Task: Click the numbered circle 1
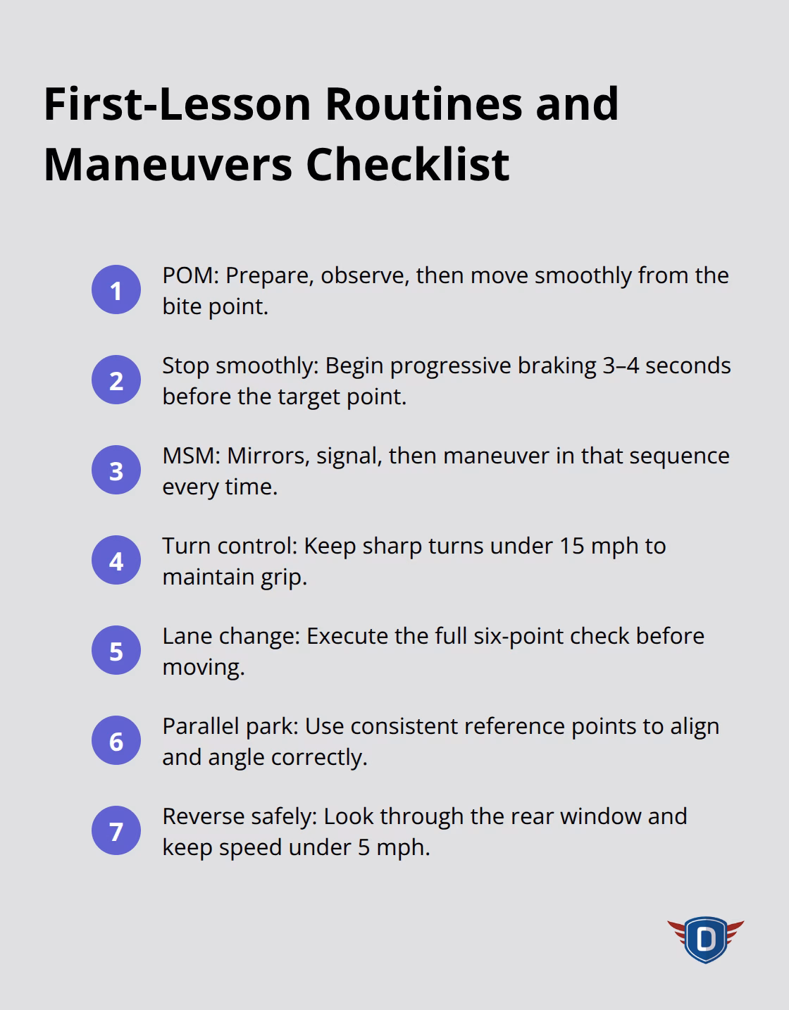[116, 290]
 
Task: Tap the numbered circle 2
[116, 380]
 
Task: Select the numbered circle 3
[116, 470]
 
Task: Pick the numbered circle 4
[116, 561]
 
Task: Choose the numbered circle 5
[116, 651]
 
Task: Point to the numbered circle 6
[116, 741]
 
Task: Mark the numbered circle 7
[116, 831]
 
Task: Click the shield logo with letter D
[705, 940]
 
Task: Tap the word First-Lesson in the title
[177, 104]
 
